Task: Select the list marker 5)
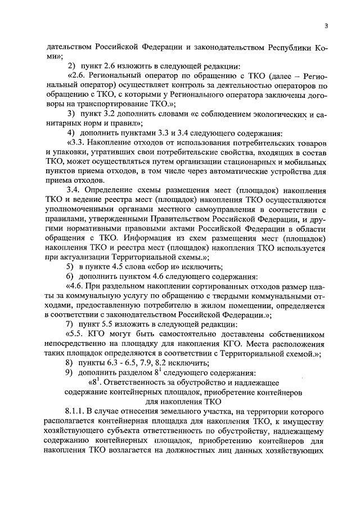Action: pyautogui.click(x=70, y=266)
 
